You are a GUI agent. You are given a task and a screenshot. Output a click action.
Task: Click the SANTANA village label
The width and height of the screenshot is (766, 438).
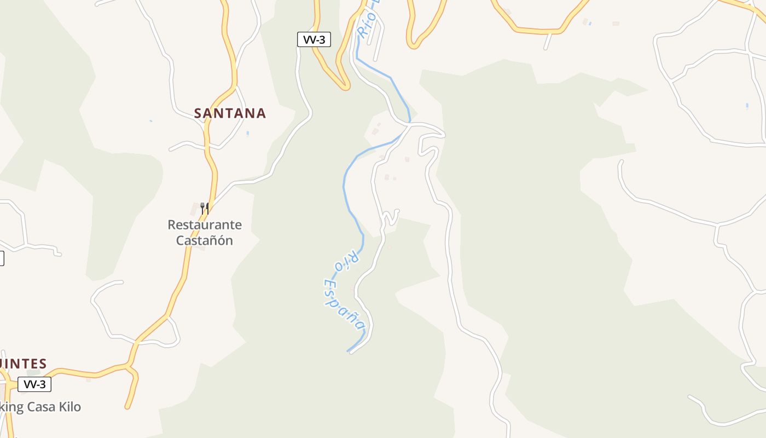point(230,113)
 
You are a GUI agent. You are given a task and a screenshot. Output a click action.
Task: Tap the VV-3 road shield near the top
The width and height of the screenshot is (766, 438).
point(314,39)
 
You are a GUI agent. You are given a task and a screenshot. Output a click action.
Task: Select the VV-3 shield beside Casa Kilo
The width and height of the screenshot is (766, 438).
point(34,384)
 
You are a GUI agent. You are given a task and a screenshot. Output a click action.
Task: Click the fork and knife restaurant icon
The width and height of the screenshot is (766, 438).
point(205,208)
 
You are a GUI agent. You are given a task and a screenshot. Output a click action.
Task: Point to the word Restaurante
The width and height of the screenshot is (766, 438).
point(205,225)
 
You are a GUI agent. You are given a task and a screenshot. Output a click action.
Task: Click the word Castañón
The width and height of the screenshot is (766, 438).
point(205,240)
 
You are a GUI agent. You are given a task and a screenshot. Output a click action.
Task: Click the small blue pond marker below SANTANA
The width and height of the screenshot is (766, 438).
point(247,133)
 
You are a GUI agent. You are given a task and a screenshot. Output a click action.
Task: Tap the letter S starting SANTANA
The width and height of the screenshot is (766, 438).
point(199,113)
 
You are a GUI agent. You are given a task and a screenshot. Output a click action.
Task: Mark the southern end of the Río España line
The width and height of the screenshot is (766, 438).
point(349,351)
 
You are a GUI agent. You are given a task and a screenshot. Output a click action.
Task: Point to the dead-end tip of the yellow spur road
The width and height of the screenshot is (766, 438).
point(127,407)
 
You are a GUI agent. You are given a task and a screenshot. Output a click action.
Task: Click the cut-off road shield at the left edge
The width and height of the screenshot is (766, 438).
point(1,258)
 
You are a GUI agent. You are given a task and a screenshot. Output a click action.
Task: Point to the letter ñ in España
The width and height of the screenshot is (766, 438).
point(353,316)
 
